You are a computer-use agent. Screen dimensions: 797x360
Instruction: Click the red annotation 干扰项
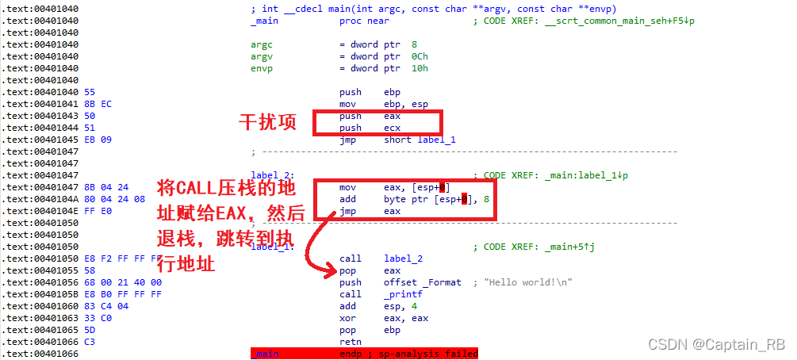[267, 123]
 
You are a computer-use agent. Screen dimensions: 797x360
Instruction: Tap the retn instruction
[350, 342]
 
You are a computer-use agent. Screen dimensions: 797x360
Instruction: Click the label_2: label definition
[273, 175]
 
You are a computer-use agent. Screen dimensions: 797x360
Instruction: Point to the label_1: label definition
[273, 247]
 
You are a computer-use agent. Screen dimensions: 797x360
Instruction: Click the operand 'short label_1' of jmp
[420, 140]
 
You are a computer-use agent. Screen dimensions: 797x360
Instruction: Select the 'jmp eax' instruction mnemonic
[348, 211]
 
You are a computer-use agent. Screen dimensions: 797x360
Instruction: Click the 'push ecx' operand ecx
[393, 128]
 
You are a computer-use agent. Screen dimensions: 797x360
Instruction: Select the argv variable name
[262, 56]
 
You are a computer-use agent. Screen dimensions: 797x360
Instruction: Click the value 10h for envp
[421, 68]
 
